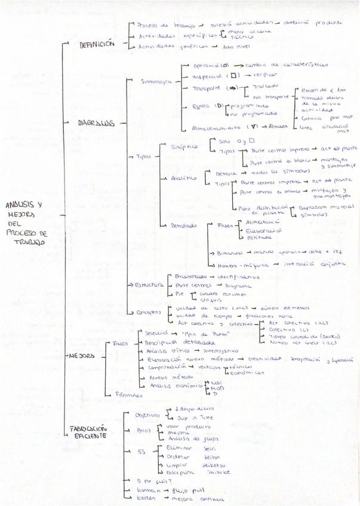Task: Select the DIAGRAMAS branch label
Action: click(96, 124)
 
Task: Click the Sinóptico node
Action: click(184, 147)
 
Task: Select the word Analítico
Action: click(184, 178)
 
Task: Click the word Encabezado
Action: click(190, 276)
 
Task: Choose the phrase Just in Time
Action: click(190, 418)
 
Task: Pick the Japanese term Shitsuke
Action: click(218, 471)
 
